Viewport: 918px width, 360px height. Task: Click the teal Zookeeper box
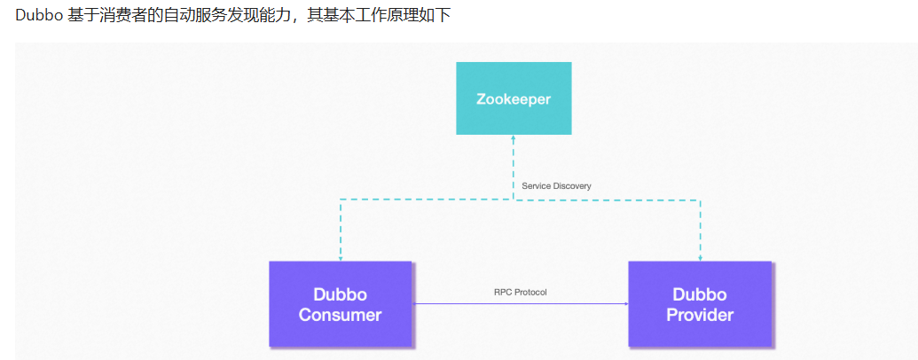514,98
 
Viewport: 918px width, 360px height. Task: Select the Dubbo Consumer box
340,304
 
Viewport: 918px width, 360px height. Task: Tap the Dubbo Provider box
700,304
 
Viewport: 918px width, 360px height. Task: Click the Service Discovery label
556,186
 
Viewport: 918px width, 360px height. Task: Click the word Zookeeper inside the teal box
514,98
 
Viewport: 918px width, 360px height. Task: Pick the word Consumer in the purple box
340,315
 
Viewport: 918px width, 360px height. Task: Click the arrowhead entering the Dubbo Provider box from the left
625,304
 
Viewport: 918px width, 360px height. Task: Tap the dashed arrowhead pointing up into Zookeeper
514,138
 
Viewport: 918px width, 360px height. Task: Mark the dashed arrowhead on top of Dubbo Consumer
340,258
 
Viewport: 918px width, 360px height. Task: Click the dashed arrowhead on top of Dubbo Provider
700,258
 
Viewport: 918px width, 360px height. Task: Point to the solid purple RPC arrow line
519,304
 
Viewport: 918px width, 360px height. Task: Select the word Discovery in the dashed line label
571,186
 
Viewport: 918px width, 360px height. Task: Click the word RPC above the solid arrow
503,292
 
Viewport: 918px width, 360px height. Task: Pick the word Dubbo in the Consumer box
340,294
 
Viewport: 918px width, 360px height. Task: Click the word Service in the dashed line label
536,186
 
